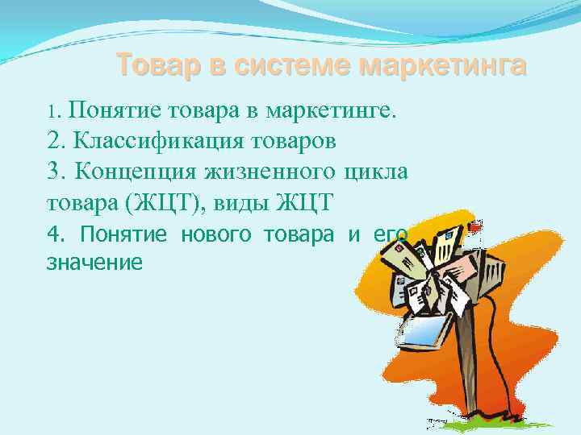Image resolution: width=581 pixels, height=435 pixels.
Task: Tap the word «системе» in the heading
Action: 291,64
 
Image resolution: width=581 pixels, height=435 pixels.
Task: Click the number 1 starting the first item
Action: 52,110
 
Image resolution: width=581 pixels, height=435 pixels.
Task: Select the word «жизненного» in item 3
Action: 274,172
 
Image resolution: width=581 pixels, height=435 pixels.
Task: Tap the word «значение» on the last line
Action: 95,262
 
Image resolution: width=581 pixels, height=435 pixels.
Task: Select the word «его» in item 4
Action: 390,234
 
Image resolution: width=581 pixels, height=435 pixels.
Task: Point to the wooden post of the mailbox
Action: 468,362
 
